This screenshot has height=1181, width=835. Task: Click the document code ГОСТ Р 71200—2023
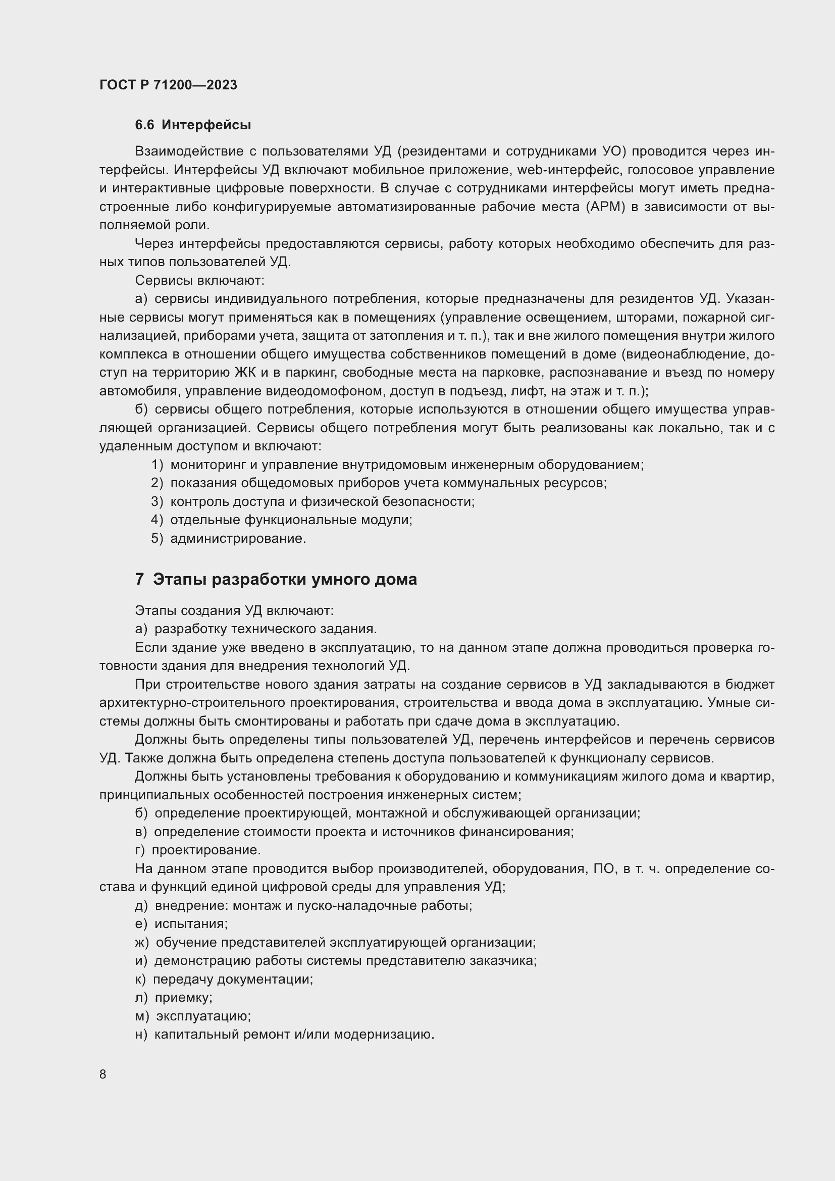tap(168, 85)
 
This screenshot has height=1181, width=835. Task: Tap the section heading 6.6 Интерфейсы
tap(193, 125)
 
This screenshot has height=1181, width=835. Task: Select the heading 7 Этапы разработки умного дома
tap(276, 579)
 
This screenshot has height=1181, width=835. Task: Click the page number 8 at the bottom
tap(103, 1074)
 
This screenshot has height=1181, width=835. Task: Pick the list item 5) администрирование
tap(228, 539)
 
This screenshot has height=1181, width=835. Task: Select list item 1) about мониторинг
tap(397, 465)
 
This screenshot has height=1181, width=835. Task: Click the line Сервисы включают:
tap(199, 281)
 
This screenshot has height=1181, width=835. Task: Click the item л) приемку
tap(174, 997)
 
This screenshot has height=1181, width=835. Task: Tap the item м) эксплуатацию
tap(193, 1016)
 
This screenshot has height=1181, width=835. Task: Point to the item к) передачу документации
tap(224, 979)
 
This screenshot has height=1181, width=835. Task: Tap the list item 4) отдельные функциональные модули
tap(282, 520)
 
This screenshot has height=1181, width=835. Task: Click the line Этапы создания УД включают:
tap(234, 610)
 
